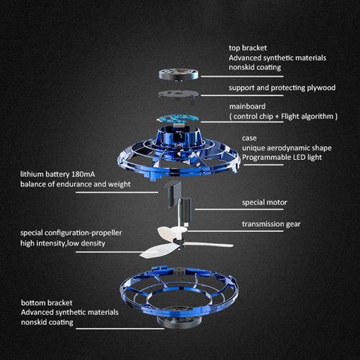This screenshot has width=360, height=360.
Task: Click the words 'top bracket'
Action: (248, 48)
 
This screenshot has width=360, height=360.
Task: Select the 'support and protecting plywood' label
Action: (282, 88)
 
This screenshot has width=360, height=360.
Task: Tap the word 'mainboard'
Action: (247, 107)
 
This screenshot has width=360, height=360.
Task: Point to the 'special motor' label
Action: (264, 202)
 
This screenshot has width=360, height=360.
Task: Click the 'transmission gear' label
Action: (271, 224)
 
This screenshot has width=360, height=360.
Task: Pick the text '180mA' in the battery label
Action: (83, 174)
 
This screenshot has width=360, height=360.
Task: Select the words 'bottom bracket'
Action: (47, 302)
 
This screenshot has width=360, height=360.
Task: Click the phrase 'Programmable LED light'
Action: (282, 158)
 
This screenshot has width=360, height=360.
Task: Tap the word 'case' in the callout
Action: (249, 138)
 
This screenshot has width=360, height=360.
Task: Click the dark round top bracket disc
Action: (179, 74)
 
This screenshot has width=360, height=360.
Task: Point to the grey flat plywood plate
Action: (178, 94)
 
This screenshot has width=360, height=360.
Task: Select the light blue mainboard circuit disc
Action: (178, 118)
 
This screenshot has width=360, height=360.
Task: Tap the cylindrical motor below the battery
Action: (185, 210)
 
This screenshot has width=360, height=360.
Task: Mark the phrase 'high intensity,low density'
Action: (63, 243)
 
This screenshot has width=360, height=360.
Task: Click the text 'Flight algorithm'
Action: (307, 117)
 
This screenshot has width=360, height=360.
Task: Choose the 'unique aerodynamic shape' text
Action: (287, 148)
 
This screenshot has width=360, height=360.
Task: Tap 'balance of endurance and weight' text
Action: (76, 184)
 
